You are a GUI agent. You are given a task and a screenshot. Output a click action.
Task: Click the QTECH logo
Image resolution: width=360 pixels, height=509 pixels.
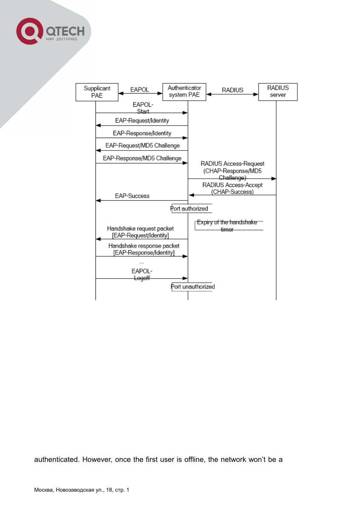coord(50,31)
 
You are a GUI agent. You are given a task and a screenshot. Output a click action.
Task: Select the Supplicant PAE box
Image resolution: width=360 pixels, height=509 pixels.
coord(97,92)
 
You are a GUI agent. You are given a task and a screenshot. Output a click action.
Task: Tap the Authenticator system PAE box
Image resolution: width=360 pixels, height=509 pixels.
coord(184,92)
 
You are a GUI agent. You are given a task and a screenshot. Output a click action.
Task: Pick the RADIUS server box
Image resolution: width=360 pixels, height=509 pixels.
coord(278,92)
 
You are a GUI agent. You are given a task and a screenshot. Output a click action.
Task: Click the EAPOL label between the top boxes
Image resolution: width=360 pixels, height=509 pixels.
coord(140,90)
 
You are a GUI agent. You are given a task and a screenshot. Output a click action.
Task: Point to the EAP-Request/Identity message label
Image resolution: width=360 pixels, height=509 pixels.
coord(142,121)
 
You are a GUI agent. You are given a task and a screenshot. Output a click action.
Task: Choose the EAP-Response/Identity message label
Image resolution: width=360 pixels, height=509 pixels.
coord(142,133)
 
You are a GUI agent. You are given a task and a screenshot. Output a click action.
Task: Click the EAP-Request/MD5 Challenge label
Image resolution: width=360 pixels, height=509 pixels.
coord(142,146)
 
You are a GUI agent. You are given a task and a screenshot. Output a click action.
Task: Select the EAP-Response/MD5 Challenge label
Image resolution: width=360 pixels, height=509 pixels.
coord(142,158)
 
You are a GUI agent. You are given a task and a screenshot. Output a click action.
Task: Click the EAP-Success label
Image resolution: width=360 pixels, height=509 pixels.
coord(132,196)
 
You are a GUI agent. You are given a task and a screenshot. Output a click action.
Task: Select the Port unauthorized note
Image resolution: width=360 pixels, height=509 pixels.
coord(193,287)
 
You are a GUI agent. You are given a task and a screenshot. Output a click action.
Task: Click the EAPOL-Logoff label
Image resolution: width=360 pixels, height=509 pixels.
coord(142,274)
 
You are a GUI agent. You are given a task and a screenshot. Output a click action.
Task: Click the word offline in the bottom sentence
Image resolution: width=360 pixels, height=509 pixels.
coord(194,460)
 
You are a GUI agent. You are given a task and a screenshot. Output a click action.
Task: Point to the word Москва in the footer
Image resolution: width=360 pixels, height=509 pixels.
coord(44,490)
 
